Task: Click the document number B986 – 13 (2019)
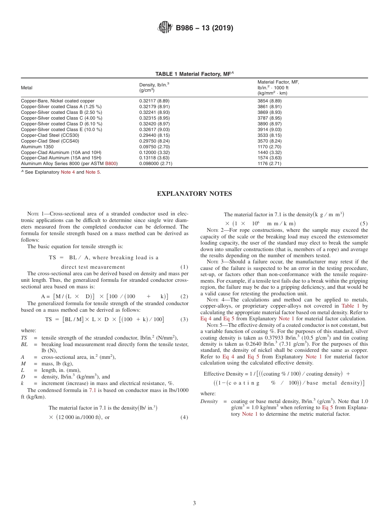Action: point(204,28)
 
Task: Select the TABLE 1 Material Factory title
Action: point(194,74)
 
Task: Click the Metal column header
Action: point(27,88)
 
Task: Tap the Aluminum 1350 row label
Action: point(37,147)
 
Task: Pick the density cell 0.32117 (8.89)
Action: point(154,101)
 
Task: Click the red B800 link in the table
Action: point(111,164)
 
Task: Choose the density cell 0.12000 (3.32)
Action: point(154,152)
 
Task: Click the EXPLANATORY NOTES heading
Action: point(194,194)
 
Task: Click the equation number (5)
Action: point(364,224)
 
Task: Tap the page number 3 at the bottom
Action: point(194,503)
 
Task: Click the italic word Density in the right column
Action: point(209,401)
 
